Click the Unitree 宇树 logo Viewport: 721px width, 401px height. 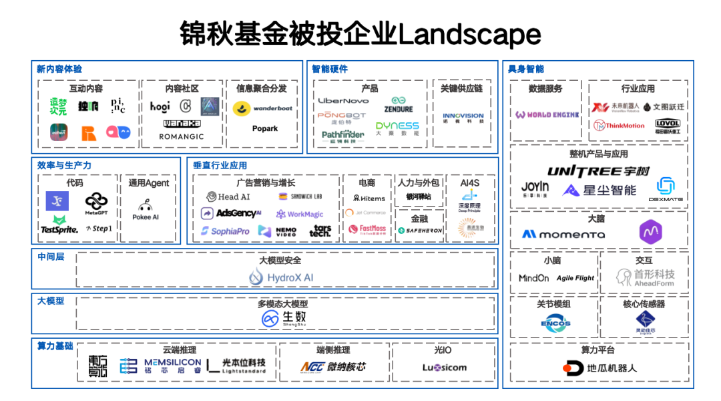point(598,171)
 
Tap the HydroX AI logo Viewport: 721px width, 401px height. point(281,277)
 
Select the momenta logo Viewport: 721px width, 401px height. point(563,235)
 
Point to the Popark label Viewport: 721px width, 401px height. point(265,128)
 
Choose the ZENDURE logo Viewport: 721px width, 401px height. point(398,105)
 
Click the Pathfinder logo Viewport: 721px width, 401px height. point(342,135)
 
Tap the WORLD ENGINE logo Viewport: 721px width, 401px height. point(547,115)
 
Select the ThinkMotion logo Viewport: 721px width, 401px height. point(620,125)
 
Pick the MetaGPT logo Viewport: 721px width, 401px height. point(96,203)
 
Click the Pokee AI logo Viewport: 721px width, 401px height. point(146,210)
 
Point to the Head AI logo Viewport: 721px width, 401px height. point(228,196)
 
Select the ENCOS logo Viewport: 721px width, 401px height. point(555,323)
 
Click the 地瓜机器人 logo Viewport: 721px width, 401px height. point(599,368)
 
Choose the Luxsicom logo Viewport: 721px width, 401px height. point(444,367)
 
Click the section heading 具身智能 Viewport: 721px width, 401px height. point(525,69)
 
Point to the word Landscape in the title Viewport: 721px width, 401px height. point(469,34)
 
